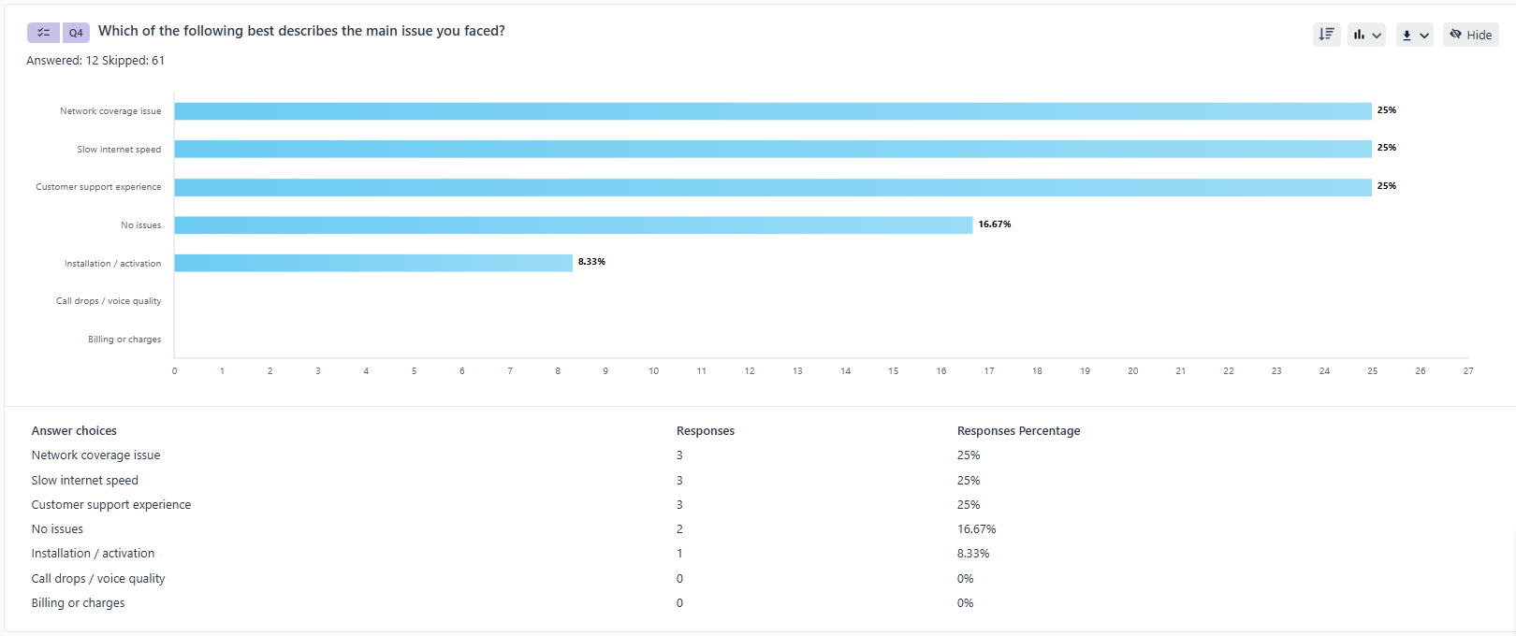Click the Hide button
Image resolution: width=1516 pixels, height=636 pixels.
click(x=1471, y=35)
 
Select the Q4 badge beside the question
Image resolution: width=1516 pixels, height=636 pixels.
click(x=76, y=33)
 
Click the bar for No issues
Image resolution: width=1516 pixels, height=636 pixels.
click(x=573, y=225)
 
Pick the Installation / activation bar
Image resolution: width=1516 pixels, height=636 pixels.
click(x=373, y=263)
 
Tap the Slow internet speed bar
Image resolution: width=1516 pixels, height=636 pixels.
click(x=772, y=149)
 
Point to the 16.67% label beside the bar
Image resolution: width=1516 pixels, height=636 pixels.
click(x=995, y=224)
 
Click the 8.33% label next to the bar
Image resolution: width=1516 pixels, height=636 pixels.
click(x=591, y=262)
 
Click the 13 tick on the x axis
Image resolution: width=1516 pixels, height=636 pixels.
click(x=797, y=371)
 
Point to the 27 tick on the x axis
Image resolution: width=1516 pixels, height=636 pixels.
click(x=1468, y=371)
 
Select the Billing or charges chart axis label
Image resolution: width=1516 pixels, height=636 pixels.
click(x=124, y=340)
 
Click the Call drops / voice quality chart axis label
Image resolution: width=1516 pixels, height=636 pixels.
click(x=109, y=301)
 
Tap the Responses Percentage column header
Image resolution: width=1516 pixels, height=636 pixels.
click(x=1018, y=431)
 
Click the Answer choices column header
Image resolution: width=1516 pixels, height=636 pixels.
click(x=74, y=431)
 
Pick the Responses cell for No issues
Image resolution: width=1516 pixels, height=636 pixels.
click(x=679, y=529)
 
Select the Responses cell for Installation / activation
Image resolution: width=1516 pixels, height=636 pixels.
click(x=679, y=554)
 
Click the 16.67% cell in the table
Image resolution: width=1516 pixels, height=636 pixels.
click(x=976, y=529)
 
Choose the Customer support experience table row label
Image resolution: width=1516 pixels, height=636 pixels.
click(x=110, y=505)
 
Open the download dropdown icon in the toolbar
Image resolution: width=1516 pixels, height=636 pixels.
click(x=1414, y=35)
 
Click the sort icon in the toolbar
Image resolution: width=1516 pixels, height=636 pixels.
click(x=1326, y=35)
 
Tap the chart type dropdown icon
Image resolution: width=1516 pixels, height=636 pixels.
click(x=1366, y=35)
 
